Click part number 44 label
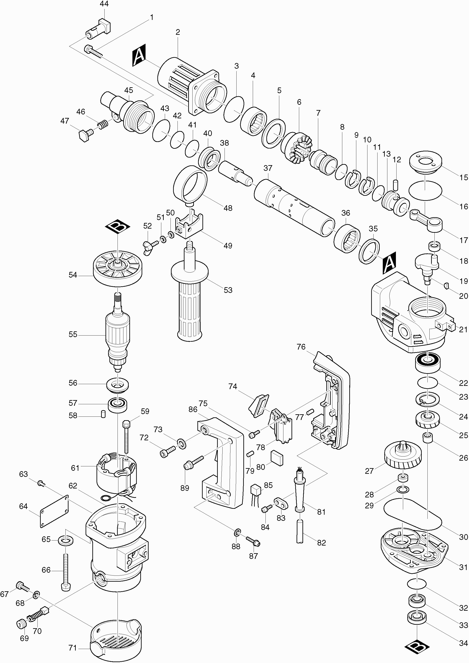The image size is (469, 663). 104,4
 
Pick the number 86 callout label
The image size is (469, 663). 193,409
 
